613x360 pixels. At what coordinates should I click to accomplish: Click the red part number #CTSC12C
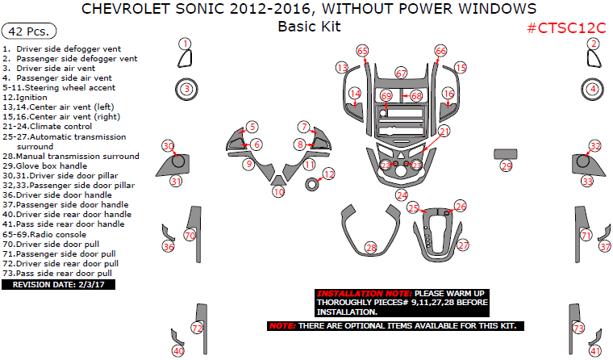(x=566, y=27)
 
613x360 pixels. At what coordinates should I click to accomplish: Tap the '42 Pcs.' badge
(x=29, y=31)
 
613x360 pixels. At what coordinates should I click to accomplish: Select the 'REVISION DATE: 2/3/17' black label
(x=58, y=284)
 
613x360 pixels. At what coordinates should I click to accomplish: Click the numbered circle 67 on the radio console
(x=401, y=73)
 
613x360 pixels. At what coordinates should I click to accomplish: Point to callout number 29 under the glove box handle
(x=507, y=166)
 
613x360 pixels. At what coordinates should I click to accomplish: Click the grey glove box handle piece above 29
(x=506, y=154)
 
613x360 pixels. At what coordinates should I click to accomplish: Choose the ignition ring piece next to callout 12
(x=311, y=184)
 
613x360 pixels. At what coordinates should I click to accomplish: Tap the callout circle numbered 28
(x=370, y=248)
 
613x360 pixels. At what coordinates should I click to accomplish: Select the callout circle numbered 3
(x=187, y=90)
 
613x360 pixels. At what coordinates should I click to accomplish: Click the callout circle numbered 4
(x=593, y=90)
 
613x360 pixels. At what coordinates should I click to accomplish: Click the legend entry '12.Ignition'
(x=25, y=98)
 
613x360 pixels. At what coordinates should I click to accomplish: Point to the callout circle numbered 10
(x=278, y=192)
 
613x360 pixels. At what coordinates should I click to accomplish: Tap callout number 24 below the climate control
(x=402, y=195)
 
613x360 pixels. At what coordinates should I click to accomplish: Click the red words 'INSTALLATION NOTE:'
(x=365, y=294)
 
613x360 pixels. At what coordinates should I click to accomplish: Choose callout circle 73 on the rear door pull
(x=578, y=328)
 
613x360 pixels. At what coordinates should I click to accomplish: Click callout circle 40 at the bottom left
(x=178, y=351)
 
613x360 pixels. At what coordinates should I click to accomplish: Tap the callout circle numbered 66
(x=440, y=51)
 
